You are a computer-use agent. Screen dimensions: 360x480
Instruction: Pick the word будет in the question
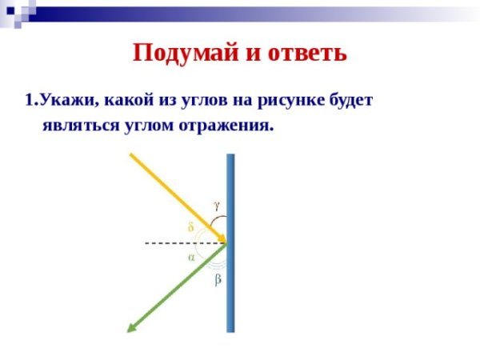coord(351,102)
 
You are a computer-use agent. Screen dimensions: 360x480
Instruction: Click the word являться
coord(78,125)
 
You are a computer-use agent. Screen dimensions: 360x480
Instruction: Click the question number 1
coord(30,102)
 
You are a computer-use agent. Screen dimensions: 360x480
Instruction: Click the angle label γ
coord(217,205)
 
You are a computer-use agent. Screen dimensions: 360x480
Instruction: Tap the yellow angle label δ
coord(190,226)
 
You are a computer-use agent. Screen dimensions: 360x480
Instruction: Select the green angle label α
coord(191,258)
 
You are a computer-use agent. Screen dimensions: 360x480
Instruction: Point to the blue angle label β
coord(217,281)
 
